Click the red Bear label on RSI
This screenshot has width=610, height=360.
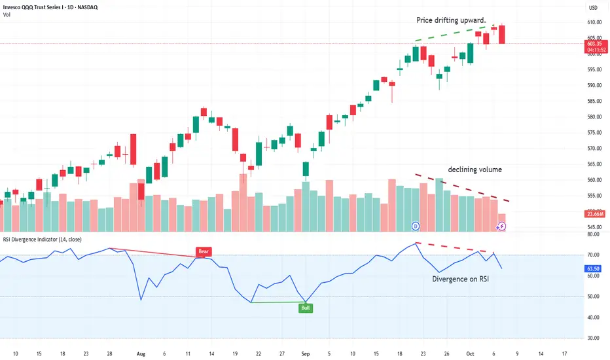tap(204, 251)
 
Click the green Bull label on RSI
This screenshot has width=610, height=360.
tap(305, 308)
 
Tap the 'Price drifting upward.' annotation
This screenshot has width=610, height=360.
tap(451, 20)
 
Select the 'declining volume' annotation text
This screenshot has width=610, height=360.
tap(475, 170)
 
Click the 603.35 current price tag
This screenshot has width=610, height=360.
tap(594, 45)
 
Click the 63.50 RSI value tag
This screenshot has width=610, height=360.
tap(594, 268)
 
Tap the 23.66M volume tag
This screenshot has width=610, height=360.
tap(594, 213)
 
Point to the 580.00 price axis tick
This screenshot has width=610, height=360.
tap(594, 117)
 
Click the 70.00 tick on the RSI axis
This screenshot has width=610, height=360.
tap(593, 255)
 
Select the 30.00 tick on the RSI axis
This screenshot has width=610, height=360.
tap(593, 338)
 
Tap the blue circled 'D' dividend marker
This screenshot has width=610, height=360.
tap(416, 226)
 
